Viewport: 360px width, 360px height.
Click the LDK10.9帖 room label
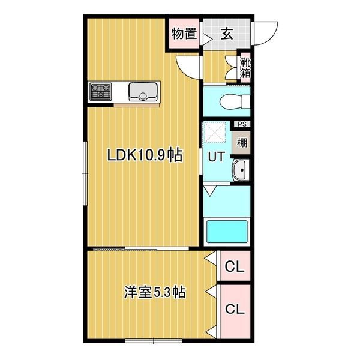[145, 155]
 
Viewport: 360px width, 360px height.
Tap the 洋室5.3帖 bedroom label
[154, 293]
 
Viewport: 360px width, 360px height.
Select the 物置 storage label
[184, 34]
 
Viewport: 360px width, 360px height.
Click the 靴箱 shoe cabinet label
[246, 67]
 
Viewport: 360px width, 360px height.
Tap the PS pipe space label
[242, 124]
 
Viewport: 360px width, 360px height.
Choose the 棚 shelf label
[241, 143]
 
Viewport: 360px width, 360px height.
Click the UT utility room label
[216, 156]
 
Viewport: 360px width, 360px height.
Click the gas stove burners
[101, 92]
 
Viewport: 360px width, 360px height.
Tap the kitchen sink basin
[143, 92]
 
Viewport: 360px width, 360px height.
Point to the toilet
[233, 101]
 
